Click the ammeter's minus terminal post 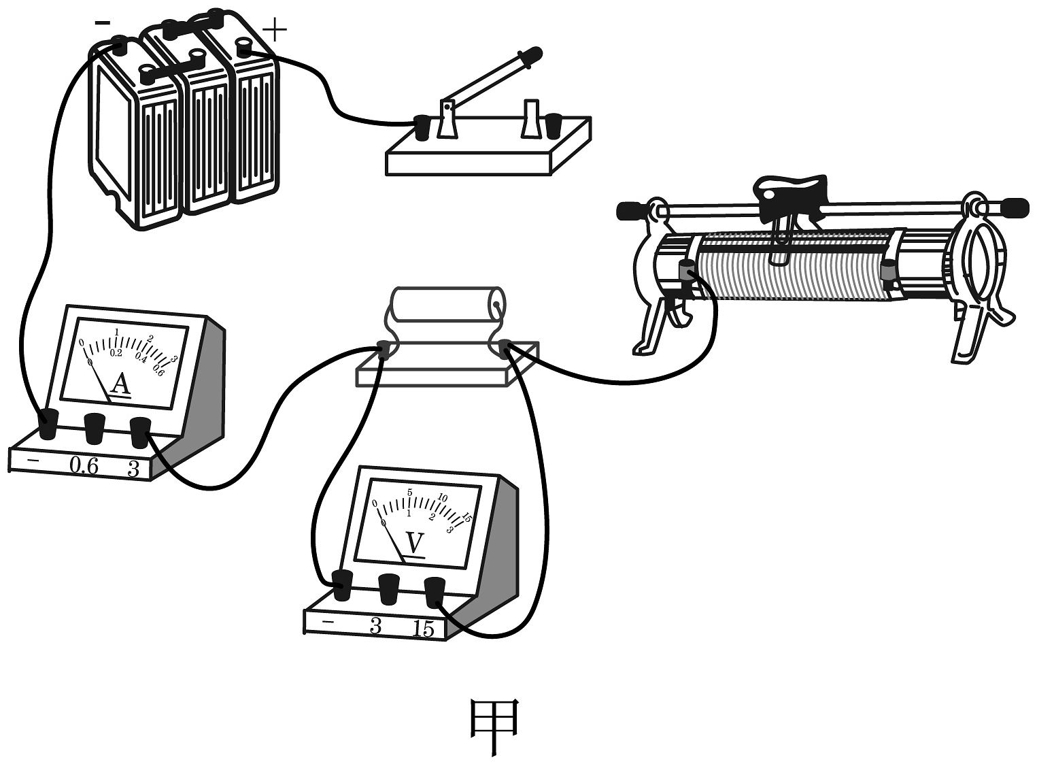[48, 425]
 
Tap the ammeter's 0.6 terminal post [95, 429]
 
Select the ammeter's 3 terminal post [140, 433]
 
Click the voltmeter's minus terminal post [341, 585]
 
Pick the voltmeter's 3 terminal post [389, 588]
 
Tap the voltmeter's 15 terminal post [435, 592]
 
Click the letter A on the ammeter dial [120, 384]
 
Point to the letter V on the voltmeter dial [414, 543]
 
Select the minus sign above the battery [102, 22]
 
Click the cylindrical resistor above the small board [445, 304]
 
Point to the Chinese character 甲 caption [495, 726]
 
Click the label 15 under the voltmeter [423, 629]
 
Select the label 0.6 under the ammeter [84, 466]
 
